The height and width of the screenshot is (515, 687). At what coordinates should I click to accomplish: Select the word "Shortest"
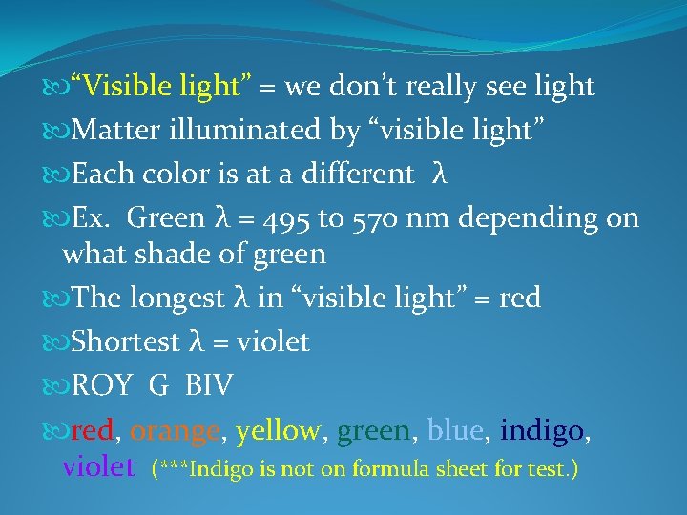click(126, 341)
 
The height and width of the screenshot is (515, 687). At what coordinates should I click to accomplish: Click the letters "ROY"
click(102, 386)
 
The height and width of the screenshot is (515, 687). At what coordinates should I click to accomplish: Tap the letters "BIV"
click(208, 386)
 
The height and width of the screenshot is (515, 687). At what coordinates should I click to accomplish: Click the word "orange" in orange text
click(175, 432)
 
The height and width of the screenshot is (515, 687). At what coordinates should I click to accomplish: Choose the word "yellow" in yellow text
click(278, 431)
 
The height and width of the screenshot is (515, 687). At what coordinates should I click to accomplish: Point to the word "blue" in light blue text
click(455, 431)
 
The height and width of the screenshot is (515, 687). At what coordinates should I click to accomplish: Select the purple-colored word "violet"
click(98, 466)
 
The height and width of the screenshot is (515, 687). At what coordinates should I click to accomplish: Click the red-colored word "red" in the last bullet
click(93, 431)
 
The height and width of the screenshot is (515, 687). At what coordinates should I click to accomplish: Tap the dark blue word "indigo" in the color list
click(540, 431)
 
